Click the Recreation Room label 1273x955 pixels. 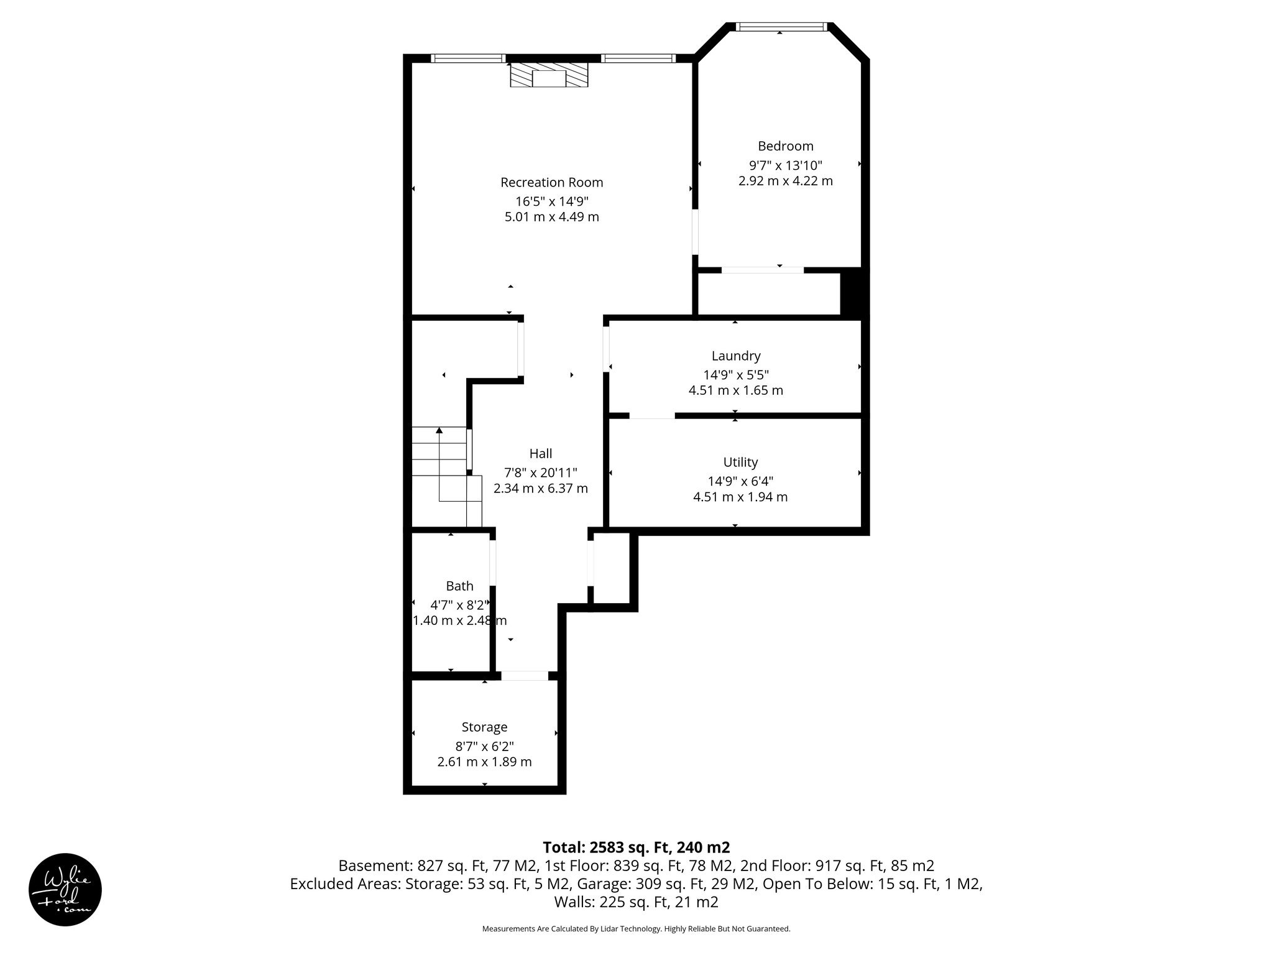pos(551,182)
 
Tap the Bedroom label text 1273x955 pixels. pos(785,146)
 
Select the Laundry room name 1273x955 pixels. pos(736,356)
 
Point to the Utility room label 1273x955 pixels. pos(740,462)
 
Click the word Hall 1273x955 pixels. pos(540,453)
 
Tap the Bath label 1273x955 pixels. pos(459,586)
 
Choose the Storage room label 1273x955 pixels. pos(484,727)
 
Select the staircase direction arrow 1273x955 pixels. pos(439,431)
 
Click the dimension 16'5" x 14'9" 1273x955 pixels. pos(551,201)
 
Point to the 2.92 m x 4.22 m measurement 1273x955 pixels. pos(785,181)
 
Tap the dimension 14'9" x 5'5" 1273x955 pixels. pos(736,375)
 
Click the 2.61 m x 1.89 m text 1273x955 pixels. pos(484,762)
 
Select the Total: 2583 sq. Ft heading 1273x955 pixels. pos(636,847)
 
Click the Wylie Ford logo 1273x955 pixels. pos(65,890)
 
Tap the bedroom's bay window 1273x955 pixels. pos(781,27)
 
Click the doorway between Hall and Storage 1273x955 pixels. pos(525,676)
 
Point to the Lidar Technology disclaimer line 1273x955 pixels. pos(636,929)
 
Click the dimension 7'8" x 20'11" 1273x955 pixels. pos(540,473)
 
